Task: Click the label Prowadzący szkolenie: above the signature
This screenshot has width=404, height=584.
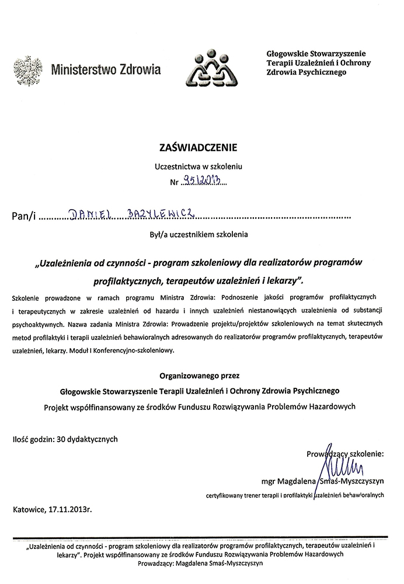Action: (x=344, y=452)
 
